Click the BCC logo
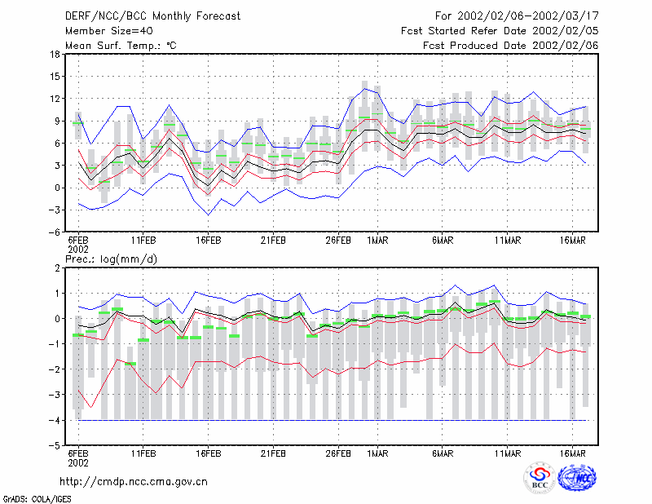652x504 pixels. tap(540, 479)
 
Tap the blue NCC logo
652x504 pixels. tap(577, 478)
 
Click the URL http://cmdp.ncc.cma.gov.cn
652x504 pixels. tap(134, 482)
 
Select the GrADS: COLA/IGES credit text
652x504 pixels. tap(37, 499)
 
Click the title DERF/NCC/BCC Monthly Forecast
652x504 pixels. tap(152, 16)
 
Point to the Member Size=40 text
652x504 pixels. tap(109, 31)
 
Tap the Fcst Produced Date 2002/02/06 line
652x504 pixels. tap(511, 46)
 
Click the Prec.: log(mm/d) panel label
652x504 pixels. tap(111, 259)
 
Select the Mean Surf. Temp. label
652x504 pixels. tap(121, 46)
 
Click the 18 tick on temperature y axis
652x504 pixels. tap(55, 54)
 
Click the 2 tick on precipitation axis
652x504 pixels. tap(57, 268)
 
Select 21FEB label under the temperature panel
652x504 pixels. tap(273, 241)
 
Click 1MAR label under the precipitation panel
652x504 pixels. tap(377, 453)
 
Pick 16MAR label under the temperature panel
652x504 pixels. tap(573, 241)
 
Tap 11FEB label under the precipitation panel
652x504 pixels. tap(143, 453)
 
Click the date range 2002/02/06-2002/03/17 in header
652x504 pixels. tap(528, 16)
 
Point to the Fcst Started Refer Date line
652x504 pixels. tap(500, 31)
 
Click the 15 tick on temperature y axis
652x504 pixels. tap(55, 77)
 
